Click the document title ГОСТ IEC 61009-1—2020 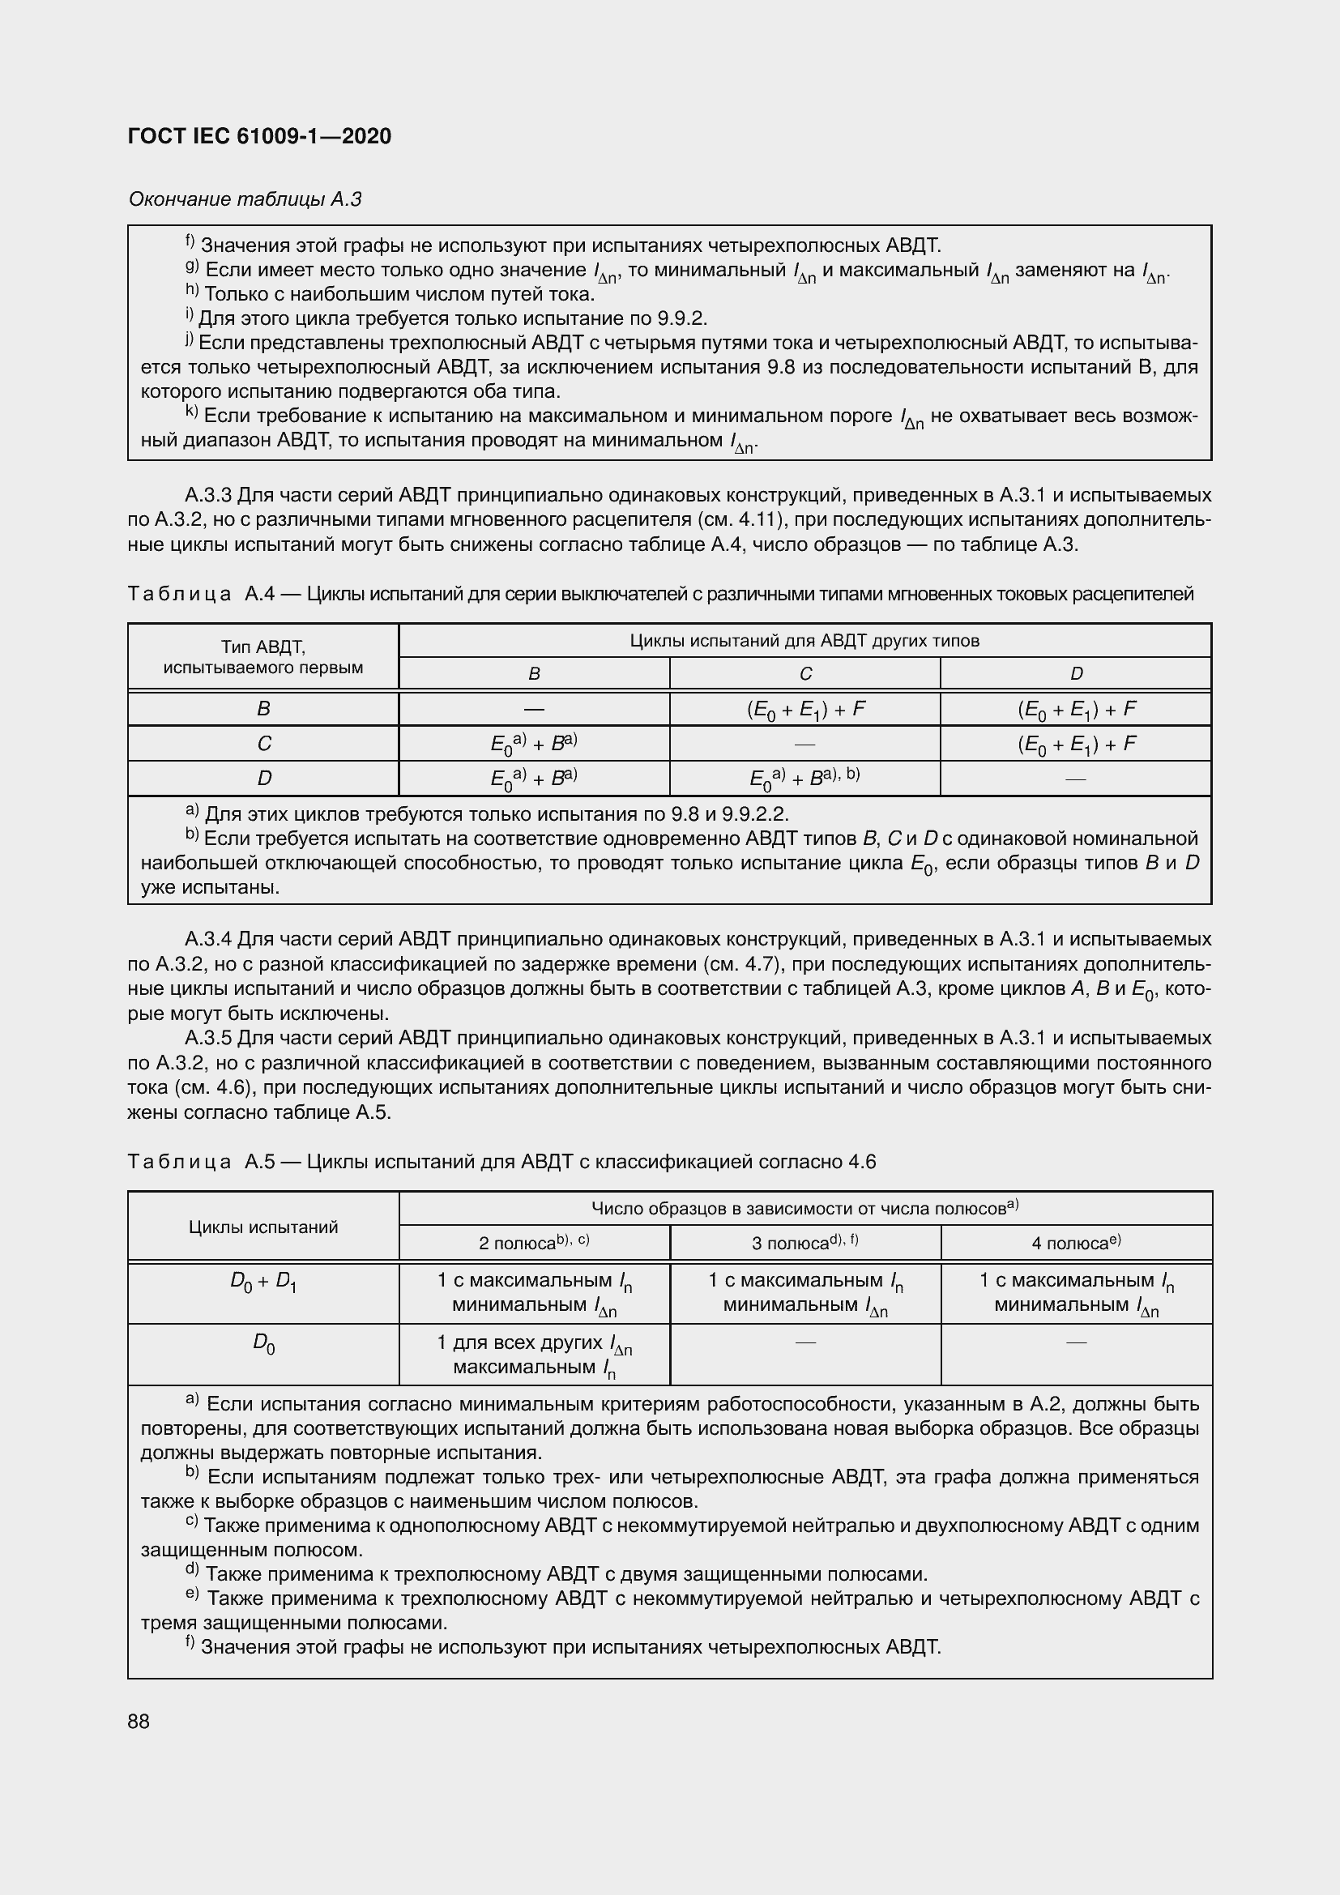coord(259,136)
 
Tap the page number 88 coord(139,1721)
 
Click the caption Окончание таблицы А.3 coord(245,199)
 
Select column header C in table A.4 coord(804,673)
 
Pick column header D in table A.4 coord(1075,673)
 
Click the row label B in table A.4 coord(263,709)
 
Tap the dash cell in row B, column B coord(534,709)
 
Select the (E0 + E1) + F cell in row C coord(1075,744)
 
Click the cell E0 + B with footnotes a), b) coord(804,779)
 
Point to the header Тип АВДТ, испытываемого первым coord(263,657)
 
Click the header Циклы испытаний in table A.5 coord(263,1227)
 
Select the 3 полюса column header coord(804,1243)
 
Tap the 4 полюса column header coord(1075,1243)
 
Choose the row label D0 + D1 coord(263,1283)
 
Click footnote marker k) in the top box coord(190,412)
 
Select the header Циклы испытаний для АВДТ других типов coord(804,641)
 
